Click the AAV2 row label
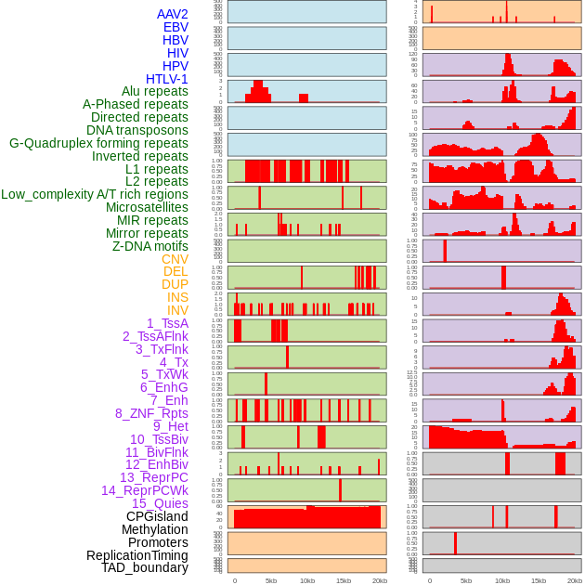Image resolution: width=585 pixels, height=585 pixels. [172, 14]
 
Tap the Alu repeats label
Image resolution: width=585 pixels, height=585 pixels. [154, 92]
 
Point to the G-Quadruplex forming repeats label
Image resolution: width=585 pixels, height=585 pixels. [98, 143]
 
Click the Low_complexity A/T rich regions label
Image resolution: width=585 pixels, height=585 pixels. [95, 194]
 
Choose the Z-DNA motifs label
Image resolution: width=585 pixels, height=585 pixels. [150, 246]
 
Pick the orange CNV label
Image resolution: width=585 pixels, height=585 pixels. [175, 259]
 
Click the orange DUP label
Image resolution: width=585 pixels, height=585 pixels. [175, 284]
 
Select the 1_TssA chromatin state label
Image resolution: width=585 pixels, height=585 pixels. [167, 323]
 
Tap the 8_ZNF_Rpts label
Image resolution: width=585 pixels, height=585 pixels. [151, 413]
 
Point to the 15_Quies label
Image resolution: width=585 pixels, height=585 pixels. [160, 503]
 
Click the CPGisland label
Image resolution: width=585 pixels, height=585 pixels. [157, 516]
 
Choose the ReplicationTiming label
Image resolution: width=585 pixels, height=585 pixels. [136, 555]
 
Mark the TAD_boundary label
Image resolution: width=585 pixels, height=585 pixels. [144, 567]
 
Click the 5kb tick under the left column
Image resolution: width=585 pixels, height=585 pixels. [271, 580]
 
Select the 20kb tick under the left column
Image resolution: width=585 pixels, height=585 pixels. [379, 580]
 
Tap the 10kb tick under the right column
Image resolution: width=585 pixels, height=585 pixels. [501, 580]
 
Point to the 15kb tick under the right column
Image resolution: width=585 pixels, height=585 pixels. [538, 580]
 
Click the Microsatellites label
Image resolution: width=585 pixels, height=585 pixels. [147, 207]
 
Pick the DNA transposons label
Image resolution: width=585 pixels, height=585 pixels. [137, 130]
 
